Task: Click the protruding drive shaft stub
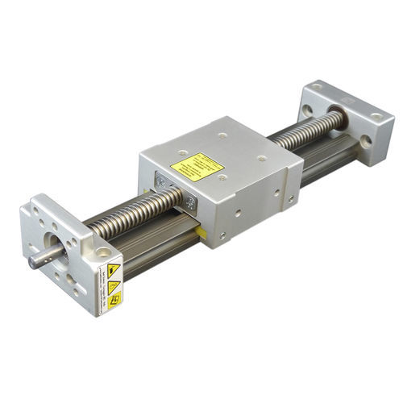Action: point(40,260)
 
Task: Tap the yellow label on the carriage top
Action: point(197,167)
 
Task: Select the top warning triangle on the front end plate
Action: point(114,269)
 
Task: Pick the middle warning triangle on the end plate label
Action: point(114,285)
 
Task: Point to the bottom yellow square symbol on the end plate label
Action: point(114,300)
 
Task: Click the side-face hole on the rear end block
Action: point(368,141)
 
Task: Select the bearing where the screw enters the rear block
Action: point(337,119)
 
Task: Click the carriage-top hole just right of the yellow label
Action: point(260,159)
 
